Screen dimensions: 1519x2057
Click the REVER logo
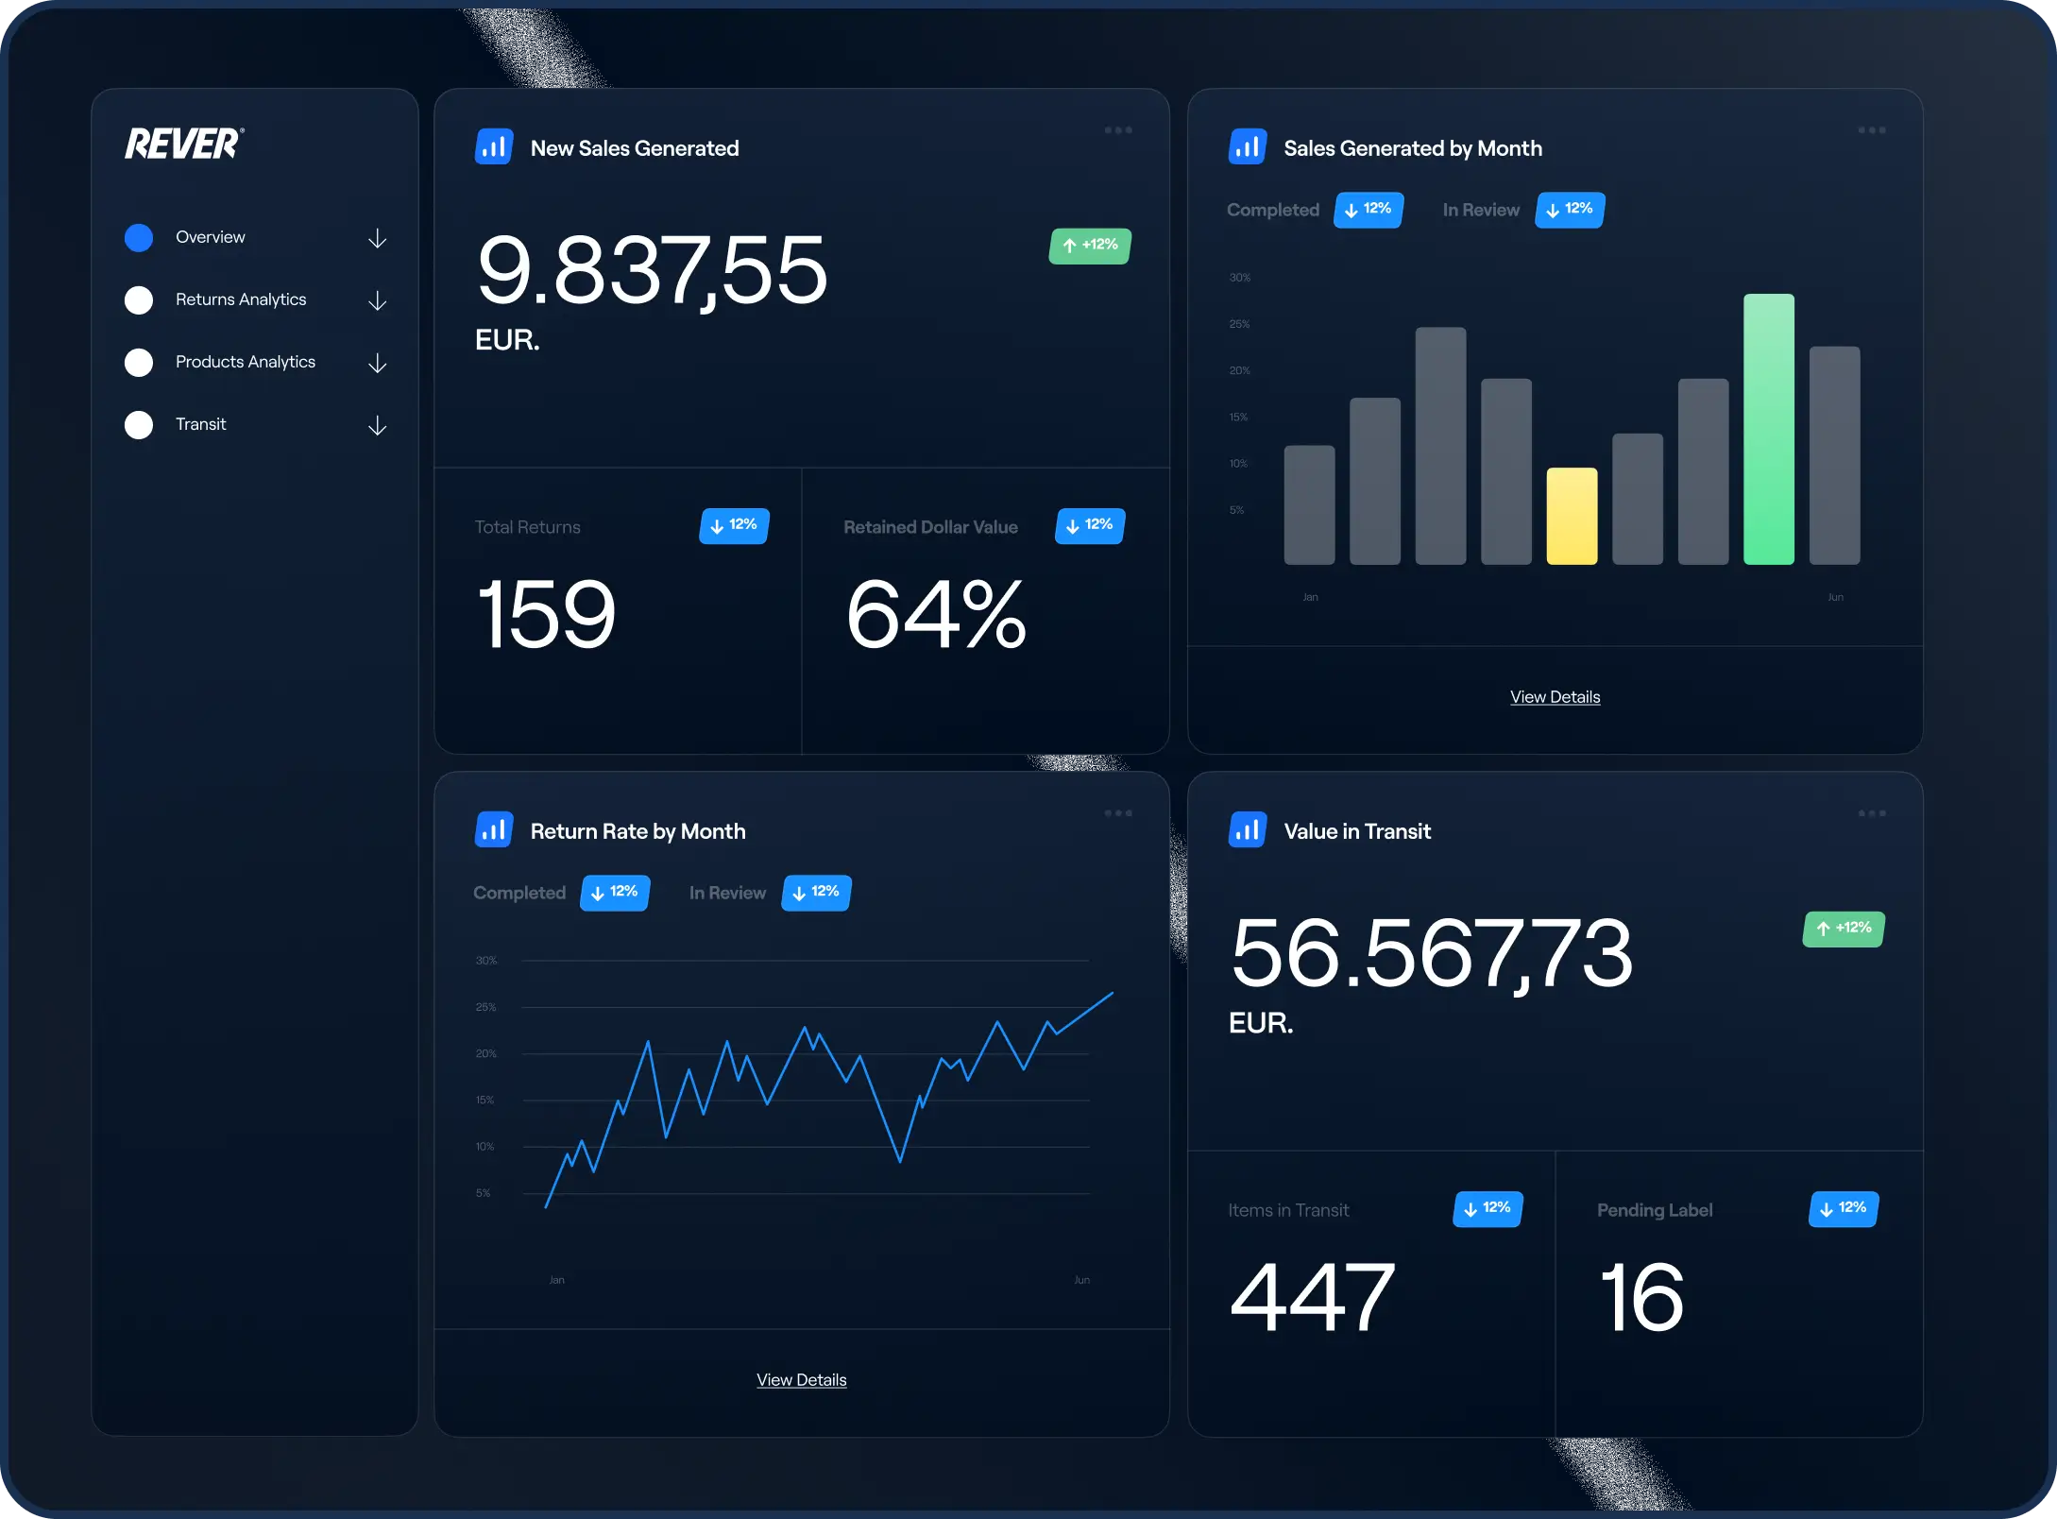pyautogui.click(x=184, y=144)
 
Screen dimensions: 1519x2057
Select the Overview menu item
pyautogui.click(x=210, y=237)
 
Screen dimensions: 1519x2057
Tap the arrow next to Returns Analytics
pyautogui.click(x=377, y=300)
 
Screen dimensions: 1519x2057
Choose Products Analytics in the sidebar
pyautogui.click(x=245, y=362)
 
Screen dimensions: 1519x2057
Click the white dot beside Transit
pyautogui.click(x=139, y=425)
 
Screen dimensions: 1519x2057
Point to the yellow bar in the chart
pyautogui.click(x=1572, y=516)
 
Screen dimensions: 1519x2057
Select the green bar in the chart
pyautogui.click(x=1768, y=429)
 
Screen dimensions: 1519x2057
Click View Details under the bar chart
pyautogui.click(x=1555, y=697)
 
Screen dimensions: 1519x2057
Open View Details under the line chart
pyautogui.click(x=801, y=1380)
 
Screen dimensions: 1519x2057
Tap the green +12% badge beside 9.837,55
pyautogui.click(x=1090, y=246)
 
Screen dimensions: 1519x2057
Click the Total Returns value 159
pyautogui.click(x=547, y=615)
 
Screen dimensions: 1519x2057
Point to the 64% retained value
pyautogui.click(x=935, y=615)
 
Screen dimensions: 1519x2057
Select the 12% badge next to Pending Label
pyautogui.click(x=1843, y=1208)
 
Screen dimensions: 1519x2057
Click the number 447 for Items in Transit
pyautogui.click(x=1312, y=1298)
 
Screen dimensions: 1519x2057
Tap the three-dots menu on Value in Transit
pyautogui.click(x=1871, y=813)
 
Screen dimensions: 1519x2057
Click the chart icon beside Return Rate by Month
pyautogui.click(x=493, y=830)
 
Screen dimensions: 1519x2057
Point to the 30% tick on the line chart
pyautogui.click(x=485, y=961)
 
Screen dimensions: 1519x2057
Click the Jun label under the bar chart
pyautogui.click(x=1835, y=597)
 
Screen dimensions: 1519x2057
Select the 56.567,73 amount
pyautogui.click(x=1431, y=953)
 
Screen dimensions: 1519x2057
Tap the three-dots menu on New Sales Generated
pyautogui.click(x=1117, y=130)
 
